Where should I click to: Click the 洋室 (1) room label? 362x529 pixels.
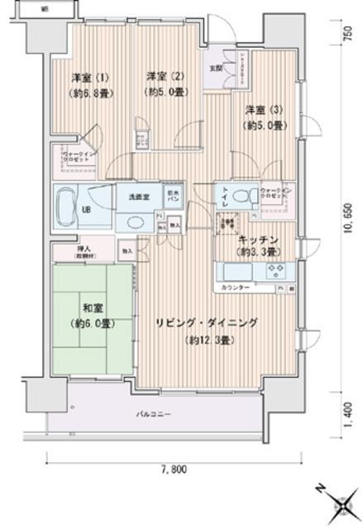(x=80, y=77)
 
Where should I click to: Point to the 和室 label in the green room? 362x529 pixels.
(x=92, y=303)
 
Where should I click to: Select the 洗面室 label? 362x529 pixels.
(x=137, y=198)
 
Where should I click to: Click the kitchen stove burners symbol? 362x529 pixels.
(x=274, y=271)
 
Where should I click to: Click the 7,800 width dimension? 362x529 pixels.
(x=161, y=469)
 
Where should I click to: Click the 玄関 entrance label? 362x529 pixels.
(x=215, y=69)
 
